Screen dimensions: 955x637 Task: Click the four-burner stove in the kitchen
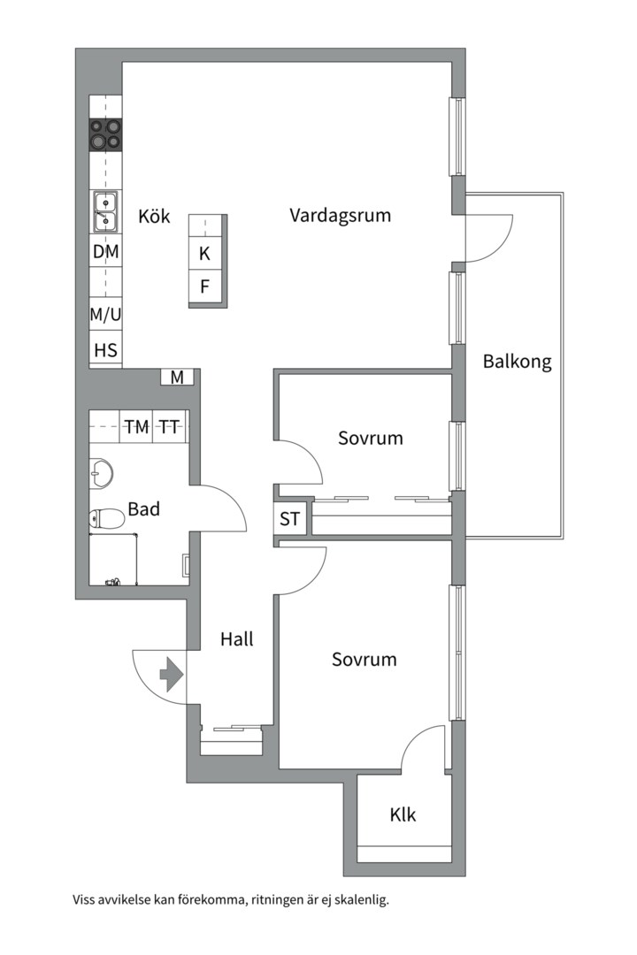[105, 135]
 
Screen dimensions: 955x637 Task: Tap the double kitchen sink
[105, 211]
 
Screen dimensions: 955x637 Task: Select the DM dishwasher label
[105, 252]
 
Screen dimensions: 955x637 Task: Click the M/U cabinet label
[105, 313]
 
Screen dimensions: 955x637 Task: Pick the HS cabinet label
[105, 350]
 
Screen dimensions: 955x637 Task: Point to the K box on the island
[205, 254]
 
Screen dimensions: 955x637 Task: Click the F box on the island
[205, 286]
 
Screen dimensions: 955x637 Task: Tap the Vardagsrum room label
[340, 215]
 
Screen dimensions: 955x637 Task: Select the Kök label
[154, 217]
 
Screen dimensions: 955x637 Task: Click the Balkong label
[517, 362]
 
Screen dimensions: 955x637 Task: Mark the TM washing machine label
[136, 427]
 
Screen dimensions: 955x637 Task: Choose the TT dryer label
[169, 427]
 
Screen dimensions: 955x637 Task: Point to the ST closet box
[290, 519]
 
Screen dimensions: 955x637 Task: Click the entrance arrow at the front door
[170, 676]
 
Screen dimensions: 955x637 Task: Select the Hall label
[236, 638]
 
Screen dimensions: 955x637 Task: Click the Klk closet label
[403, 814]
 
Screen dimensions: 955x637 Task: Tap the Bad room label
[143, 509]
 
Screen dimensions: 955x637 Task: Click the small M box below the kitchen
[178, 378]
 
